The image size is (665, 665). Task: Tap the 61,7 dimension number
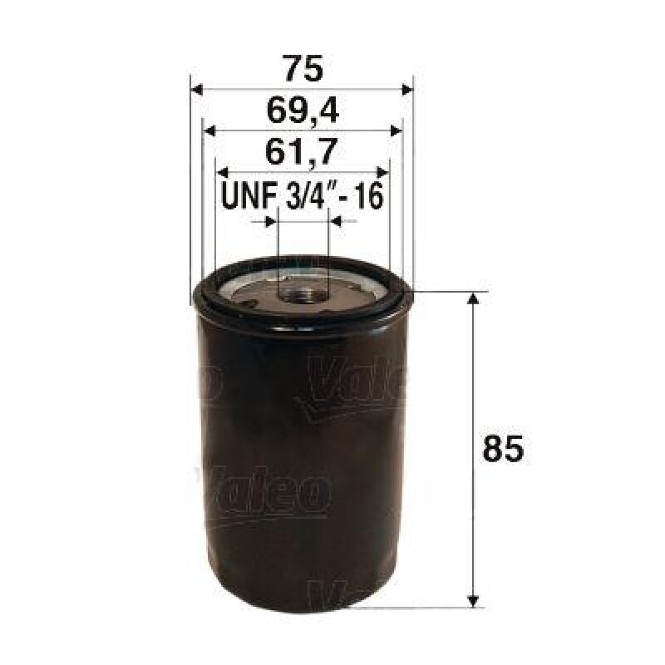301,152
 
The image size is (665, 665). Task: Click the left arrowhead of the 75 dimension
197,89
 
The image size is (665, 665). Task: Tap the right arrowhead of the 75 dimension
406,89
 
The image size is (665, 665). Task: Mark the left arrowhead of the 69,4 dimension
209,131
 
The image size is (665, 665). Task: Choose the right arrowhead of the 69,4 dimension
397,131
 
